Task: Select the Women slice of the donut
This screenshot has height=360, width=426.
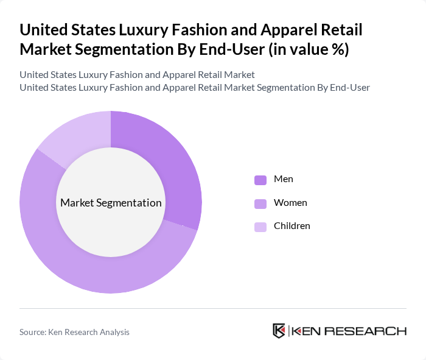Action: (91, 268)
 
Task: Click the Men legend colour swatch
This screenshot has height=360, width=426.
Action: (260, 180)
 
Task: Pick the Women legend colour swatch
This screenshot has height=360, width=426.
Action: (260, 203)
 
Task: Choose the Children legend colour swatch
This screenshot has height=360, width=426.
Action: (260, 227)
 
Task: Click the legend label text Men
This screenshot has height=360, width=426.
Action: (284, 179)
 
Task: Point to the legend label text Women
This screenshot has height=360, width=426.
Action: (290, 202)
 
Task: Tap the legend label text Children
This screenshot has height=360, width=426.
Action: (292, 226)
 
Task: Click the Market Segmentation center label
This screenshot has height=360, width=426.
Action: (111, 203)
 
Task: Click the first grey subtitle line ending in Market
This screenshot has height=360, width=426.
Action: (137, 75)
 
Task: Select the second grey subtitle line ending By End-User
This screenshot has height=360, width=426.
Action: (195, 87)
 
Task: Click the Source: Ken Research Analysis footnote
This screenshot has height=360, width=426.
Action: (74, 332)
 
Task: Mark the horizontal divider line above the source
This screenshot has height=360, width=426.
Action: (213, 308)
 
